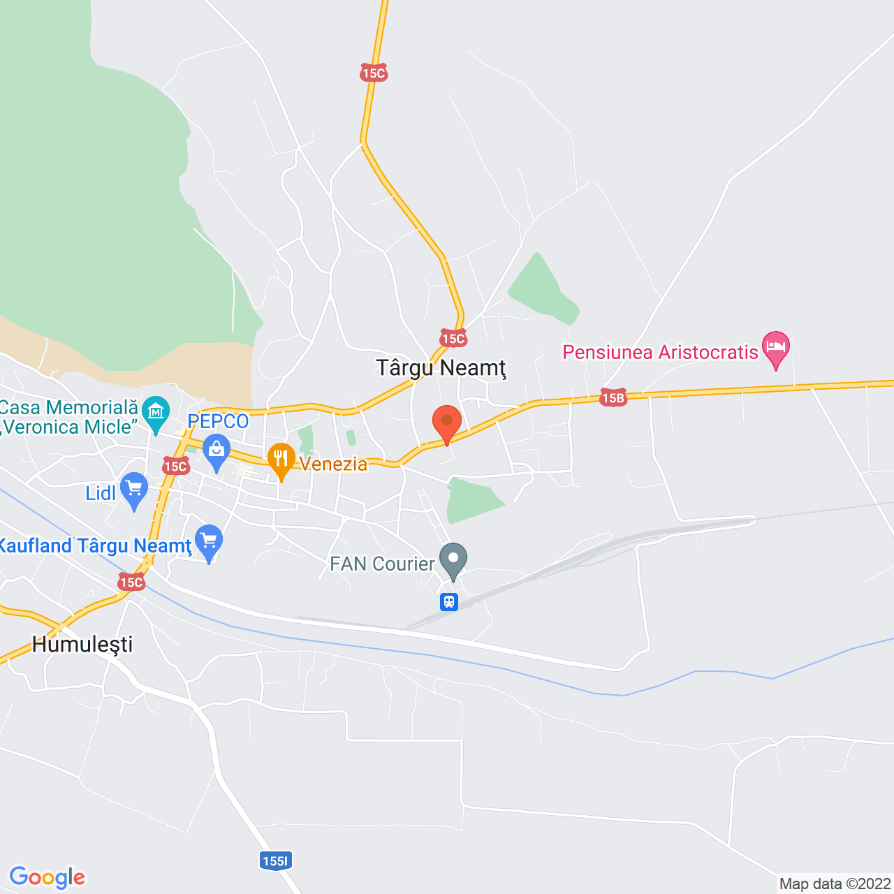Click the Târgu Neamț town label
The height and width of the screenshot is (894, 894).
point(441,367)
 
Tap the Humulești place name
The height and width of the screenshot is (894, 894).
point(82,644)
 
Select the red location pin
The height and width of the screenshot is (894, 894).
point(447,423)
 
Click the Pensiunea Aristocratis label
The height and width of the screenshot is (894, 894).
point(660,352)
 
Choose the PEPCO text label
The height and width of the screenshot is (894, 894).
point(218,422)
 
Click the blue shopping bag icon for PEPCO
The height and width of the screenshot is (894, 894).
point(217,451)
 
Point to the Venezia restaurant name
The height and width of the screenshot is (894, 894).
point(334,464)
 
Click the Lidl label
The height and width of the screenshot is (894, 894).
point(101,493)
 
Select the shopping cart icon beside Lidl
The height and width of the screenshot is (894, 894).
point(133,489)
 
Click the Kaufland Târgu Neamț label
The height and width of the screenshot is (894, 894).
point(95,545)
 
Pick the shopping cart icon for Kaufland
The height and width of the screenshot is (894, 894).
point(209,541)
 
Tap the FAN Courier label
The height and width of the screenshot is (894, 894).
point(382,564)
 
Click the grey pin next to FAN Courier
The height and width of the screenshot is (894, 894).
point(454,559)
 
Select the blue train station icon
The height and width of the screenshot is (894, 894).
point(449,601)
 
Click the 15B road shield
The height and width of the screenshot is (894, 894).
point(613,398)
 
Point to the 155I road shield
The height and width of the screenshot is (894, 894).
point(275,860)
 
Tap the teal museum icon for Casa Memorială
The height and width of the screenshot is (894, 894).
point(155,412)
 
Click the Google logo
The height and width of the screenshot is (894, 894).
point(47,877)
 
